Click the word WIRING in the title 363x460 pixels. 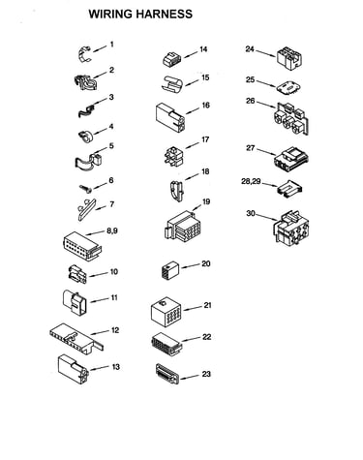[110, 15]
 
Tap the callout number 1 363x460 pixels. [111, 45]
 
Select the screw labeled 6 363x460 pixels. [86, 189]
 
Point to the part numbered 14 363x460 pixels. [172, 59]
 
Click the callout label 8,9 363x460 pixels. [112, 230]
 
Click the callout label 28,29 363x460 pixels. [251, 181]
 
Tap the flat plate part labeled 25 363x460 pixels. [288, 87]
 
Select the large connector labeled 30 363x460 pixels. [291, 228]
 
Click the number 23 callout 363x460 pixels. [206, 374]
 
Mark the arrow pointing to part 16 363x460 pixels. [194, 110]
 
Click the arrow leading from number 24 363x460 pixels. [265, 53]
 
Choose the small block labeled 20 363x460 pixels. [169, 270]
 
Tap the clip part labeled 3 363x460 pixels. [86, 109]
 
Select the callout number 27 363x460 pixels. [251, 148]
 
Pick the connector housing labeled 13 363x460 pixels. [74, 369]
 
